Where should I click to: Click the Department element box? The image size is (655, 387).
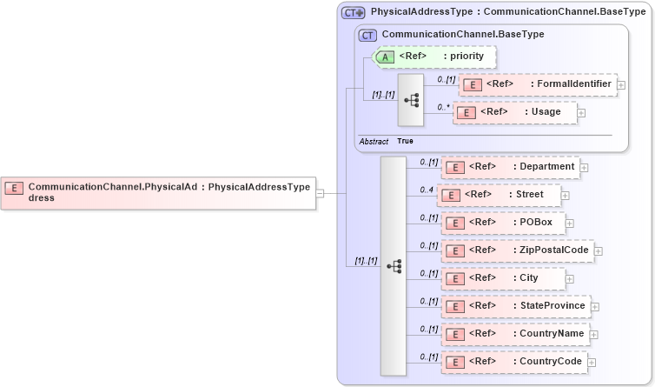coord(510,167)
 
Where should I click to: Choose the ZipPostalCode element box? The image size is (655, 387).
coord(517,250)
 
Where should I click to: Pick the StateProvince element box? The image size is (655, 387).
coord(515,306)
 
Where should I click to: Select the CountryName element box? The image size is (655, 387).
coord(515,334)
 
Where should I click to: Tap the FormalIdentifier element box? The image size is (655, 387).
coord(537,84)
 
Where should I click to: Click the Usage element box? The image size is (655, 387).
coord(514,112)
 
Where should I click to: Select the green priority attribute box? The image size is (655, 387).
coord(433,57)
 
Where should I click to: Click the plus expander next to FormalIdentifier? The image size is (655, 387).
coord(621,85)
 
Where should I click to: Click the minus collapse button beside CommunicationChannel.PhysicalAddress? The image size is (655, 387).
coord(320,193)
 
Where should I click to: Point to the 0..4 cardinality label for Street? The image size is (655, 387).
coord(427,189)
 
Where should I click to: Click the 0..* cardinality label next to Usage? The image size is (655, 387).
coord(443,106)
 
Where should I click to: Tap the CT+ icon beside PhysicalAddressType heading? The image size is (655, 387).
coord(353,13)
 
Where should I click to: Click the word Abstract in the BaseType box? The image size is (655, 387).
coord(374,141)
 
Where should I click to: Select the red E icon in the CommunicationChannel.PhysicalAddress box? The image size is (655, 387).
coord(15,187)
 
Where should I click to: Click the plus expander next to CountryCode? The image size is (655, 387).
coord(592,363)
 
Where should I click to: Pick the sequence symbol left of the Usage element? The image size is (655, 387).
coord(411,99)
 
